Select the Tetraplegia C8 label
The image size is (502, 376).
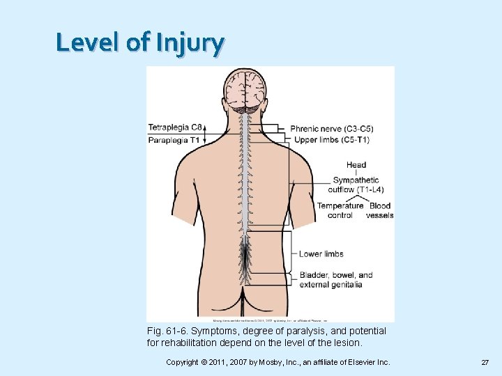coord(176,127)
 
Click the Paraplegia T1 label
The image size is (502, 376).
coord(174,140)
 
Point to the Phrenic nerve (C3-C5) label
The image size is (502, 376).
coord(332,129)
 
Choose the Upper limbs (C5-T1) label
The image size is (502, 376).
coord(332,140)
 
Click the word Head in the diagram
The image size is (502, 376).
coord(356,165)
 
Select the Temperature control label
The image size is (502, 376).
coord(340,210)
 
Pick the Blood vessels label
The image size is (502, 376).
coord(380,210)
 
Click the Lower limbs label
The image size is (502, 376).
coord(321,254)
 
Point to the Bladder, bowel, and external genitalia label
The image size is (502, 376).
coord(336,279)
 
